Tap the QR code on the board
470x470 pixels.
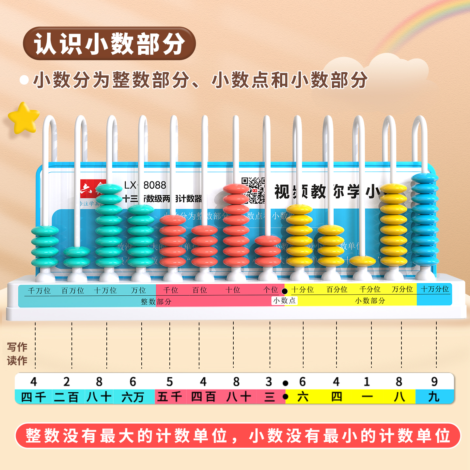coord(253,190)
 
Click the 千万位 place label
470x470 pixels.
coord(39,290)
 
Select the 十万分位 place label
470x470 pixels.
coord(435,289)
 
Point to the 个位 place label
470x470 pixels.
coord(271,290)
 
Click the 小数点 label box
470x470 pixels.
coord(284,301)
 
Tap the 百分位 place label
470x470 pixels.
coord(337,290)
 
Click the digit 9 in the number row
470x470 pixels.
coord(434,382)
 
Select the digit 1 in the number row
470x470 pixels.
coord(367,382)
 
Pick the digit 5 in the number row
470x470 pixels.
coord(170,382)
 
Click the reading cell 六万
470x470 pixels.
coord(133,397)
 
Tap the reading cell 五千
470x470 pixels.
coord(170,397)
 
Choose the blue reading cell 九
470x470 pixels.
coord(434,397)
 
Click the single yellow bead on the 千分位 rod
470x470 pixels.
coord(362,261)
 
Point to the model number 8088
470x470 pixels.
coord(155,185)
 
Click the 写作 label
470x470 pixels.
coord(17,347)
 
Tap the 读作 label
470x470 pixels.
coord(17,361)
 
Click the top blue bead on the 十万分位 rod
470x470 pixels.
coord(424,178)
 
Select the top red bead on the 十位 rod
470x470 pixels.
coord(236,189)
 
